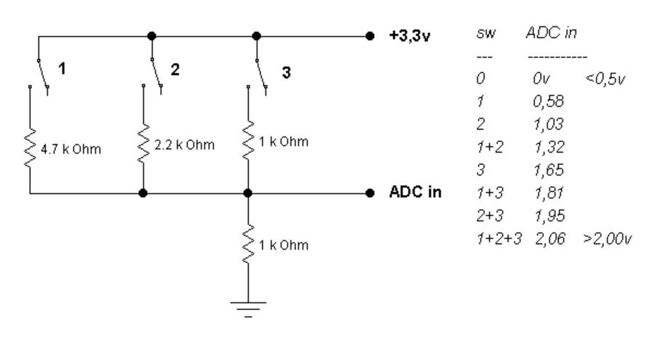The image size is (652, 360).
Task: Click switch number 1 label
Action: pos(63,70)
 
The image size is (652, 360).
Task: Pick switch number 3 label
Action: pos(286,72)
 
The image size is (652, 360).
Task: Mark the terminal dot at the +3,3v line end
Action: pos(370,35)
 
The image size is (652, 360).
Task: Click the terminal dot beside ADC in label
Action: pos(370,194)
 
